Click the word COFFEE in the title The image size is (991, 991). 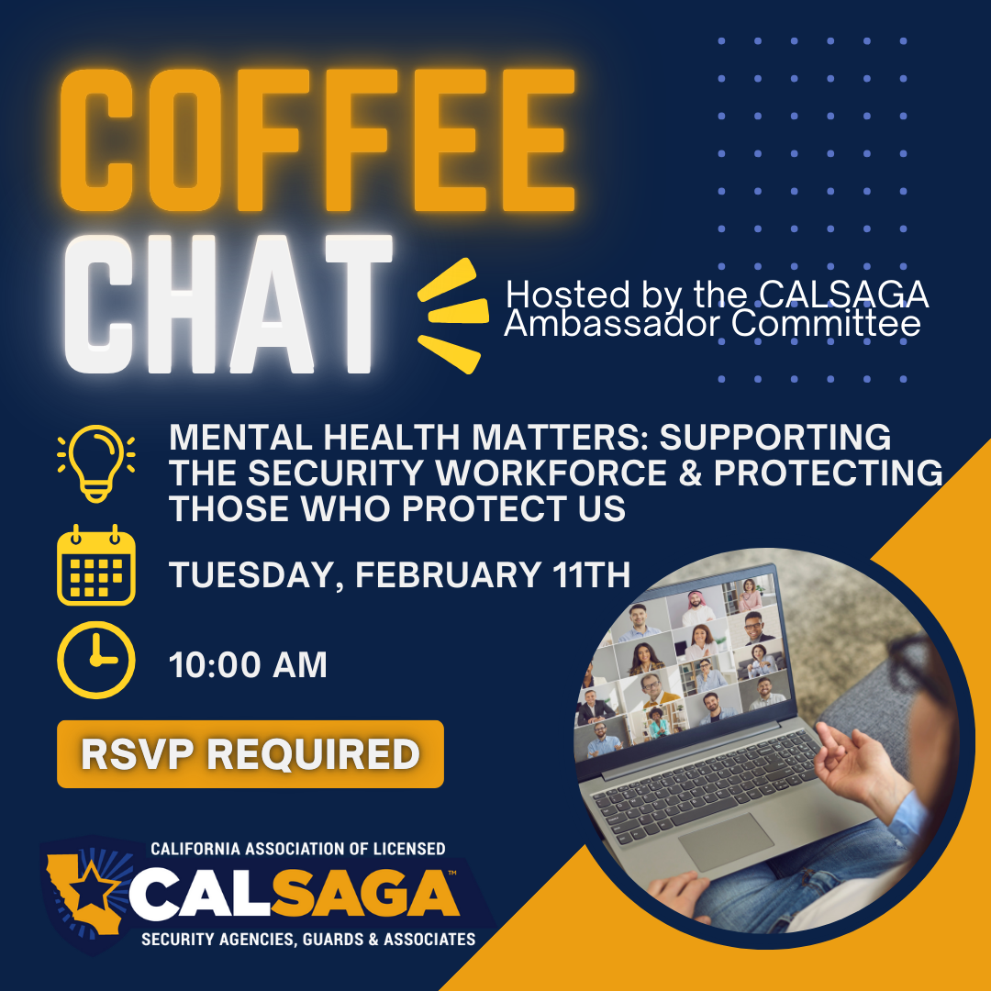(x=317, y=140)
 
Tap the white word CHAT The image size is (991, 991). (x=228, y=305)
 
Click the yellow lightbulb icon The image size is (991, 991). (x=96, y=463)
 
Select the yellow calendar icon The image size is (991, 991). (x=96, y=565)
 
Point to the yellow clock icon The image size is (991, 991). (x=96, y=660)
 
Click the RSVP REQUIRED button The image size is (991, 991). (x=251, y=754)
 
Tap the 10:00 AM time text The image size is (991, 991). (x=248, y=665)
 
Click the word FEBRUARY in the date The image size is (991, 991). (x=448, y=575)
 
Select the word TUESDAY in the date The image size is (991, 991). (x=256, y=575)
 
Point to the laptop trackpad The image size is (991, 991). (x=726, y=841)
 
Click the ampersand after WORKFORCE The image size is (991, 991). (x=690, y=473)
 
